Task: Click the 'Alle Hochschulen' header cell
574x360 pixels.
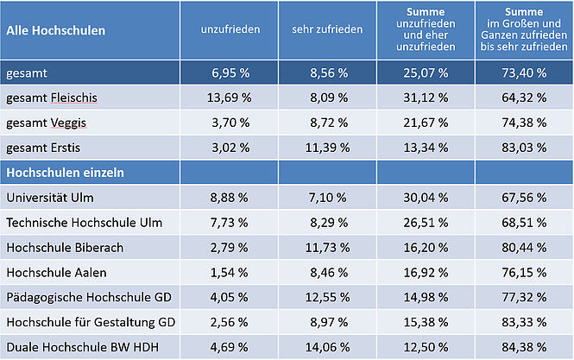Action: [x=56, y=30]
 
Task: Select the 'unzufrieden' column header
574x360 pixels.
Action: [x=230, y=30]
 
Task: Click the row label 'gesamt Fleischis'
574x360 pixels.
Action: [x=52, y=98]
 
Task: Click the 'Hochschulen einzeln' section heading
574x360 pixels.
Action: [x=65, y=173]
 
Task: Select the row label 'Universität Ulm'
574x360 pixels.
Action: [x=48, y=198]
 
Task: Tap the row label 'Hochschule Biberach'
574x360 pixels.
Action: [x=65, y=248]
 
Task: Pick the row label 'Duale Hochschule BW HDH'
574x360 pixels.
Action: [x=75, y=348]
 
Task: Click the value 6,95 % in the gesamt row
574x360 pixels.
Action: [x=230, y=73]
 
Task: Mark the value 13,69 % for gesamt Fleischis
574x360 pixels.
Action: [x=230, y=98]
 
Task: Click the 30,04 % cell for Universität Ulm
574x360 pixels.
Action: [x=426, y=198]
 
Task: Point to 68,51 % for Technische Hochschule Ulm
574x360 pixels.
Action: [x=523, y=223]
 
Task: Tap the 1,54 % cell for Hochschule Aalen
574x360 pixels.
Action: [x=230, y=273]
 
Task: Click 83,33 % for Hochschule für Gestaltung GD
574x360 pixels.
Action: [x=523, y=323]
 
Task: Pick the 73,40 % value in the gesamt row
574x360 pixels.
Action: [x=523, y=73]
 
